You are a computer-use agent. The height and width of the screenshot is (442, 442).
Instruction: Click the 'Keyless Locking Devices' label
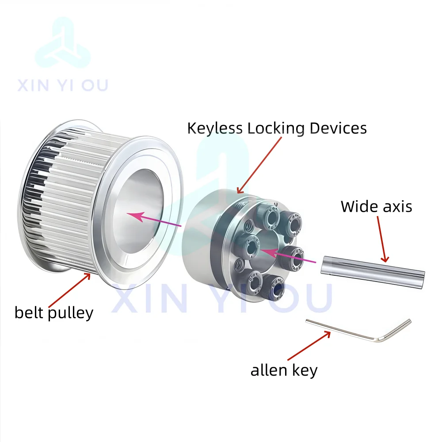tap(277, 128)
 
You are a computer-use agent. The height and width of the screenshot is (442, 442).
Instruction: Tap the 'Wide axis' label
tap(376, 206)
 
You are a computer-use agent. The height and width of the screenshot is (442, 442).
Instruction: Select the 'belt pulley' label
tap(54, 312)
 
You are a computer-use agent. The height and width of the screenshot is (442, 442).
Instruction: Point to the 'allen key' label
tap(284, 370)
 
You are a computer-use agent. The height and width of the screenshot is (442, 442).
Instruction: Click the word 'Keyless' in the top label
tap(215, 128)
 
